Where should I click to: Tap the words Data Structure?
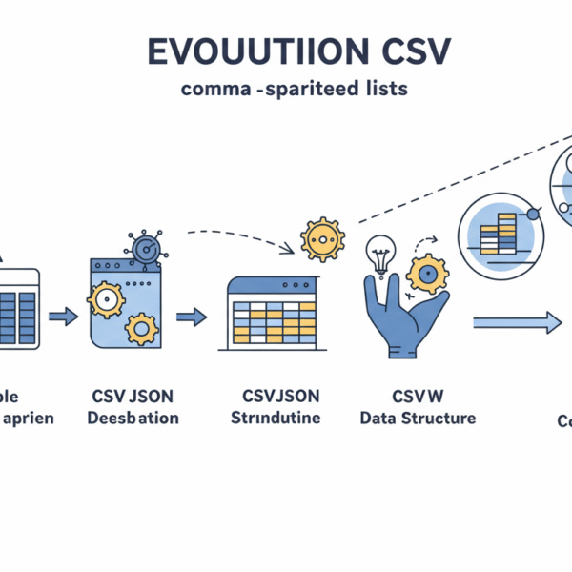[x=417, y=418]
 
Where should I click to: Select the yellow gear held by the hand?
[x=426, y=274]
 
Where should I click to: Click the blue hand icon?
[x=400, y=310]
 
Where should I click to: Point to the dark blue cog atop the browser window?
[x=145, y=248]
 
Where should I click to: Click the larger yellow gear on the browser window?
[x=105, y=300]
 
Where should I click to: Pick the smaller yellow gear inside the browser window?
[x=142, y=330]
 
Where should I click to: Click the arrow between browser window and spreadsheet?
[x=193, y=317]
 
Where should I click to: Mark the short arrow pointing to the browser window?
[x=63, y=317]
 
